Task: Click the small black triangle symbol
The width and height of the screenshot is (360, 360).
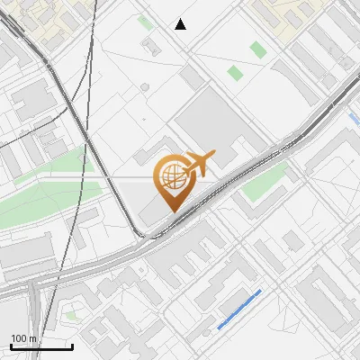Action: click(181, 24)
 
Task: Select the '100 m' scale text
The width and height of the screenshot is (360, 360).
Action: click(23, 338)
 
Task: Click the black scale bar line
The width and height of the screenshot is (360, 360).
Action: click(41, 346)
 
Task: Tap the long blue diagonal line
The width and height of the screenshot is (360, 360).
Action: click(239, 308)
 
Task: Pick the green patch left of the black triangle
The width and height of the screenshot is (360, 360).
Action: click(145, 22)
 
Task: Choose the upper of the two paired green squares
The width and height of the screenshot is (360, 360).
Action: click(258, 50)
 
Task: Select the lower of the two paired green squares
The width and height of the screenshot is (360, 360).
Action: click(235, 73)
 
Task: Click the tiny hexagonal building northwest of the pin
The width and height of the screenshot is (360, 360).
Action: click(145, 87)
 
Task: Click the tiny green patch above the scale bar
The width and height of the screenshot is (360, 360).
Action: click(72, 315)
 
